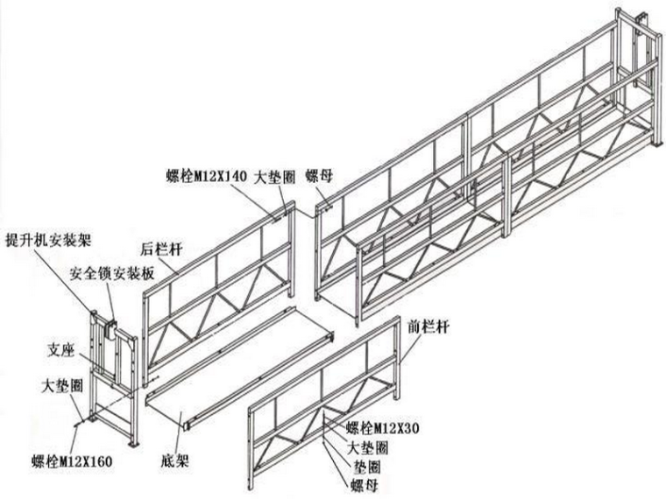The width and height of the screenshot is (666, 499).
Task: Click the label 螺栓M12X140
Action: pos(207,175)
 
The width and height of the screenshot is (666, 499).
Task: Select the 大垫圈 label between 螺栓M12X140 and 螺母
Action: pos(273,175)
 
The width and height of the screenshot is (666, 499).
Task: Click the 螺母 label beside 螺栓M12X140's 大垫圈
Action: pos(322,175)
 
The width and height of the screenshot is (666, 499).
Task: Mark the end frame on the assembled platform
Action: pos(638,79)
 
